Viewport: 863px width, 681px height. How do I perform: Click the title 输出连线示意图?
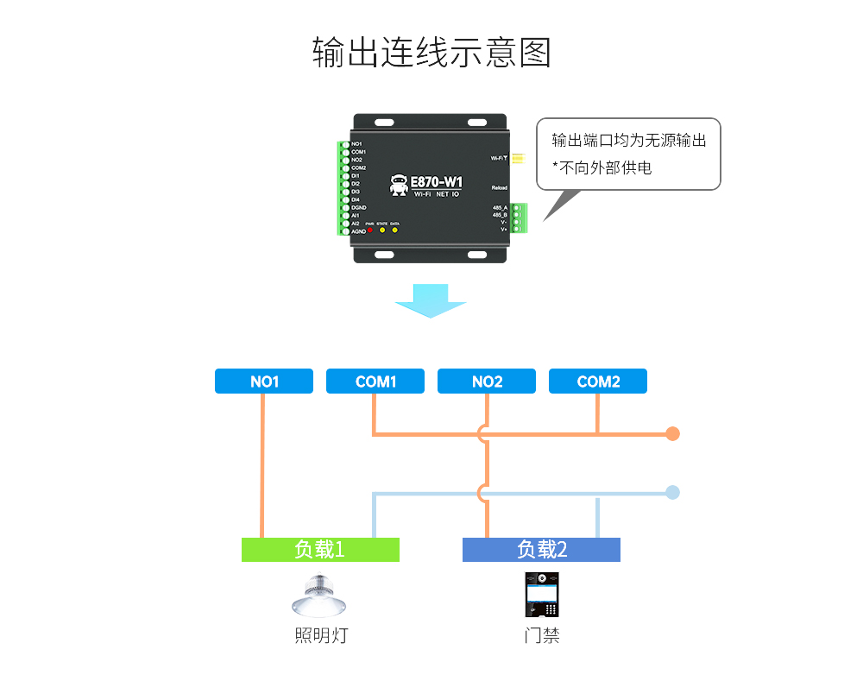[x=431, y=53]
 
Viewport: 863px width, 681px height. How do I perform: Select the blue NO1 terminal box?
[x=264, y=381]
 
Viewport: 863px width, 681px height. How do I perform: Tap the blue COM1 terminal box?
[x=375, y=381]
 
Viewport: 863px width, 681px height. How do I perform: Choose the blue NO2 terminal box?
[x=487, y=381]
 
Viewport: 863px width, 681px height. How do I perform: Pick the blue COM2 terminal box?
[x=598, y=381]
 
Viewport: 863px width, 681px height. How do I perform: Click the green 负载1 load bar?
[x=320, y=550]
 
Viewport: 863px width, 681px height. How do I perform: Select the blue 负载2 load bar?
[x=541, y=550]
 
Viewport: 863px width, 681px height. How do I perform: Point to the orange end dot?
[x=673, y=433]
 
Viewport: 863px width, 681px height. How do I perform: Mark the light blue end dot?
[x=673, y=493]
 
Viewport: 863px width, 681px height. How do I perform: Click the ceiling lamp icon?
[x=319, y=596]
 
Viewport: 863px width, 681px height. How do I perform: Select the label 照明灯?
[x=320, y=636]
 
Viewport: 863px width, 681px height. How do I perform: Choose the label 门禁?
[x=541, y=636]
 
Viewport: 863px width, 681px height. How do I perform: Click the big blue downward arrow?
[x=431, y=300]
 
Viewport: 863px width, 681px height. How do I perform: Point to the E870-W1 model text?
[x=436, y=182]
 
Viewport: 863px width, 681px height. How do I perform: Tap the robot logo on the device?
[x=398, y=185]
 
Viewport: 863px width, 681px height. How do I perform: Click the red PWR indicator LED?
[x=370, y=230]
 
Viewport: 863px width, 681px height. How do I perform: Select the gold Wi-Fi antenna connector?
[x=518, y=158]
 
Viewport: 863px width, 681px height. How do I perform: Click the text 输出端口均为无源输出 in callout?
[x=629, y=141]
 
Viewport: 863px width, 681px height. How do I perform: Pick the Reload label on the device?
[x=499, y=187]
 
